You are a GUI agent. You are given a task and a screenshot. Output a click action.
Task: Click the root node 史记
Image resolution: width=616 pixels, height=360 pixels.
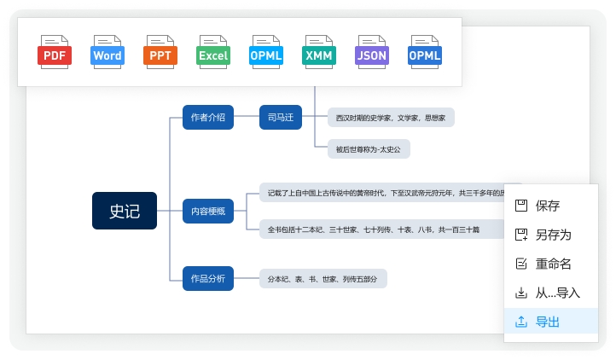[x=125, y=211]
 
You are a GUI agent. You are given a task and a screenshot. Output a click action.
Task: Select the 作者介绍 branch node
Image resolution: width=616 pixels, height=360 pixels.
[x=207, y=118]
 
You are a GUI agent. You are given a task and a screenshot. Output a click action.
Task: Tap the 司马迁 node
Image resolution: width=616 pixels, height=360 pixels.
[x=280, y=118]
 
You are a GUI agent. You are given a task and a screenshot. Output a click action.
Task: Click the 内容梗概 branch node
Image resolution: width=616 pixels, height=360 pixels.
[x=207, y=211]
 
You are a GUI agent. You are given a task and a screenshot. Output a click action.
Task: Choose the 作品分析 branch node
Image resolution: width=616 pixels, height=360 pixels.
[x=207, y=278]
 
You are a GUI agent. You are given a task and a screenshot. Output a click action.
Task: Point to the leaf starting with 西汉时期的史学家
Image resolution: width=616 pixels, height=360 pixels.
[x=391, y=118]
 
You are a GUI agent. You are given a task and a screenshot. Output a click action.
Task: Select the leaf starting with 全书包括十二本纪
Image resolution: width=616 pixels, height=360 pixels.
[x=373, y=229]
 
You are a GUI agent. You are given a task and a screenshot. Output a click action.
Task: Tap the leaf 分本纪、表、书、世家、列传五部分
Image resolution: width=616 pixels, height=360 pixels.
[x=323, y=278]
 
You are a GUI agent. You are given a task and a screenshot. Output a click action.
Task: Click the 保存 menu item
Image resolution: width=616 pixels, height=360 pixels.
[x=547, y=206]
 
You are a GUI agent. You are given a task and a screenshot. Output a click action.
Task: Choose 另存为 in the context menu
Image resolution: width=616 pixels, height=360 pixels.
[x=553, y=235]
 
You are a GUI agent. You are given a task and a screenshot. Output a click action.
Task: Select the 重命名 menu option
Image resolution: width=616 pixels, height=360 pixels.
[x=553, y=264]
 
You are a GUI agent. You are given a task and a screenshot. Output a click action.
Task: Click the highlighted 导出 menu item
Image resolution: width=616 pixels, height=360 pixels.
[x=547, y=322]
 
